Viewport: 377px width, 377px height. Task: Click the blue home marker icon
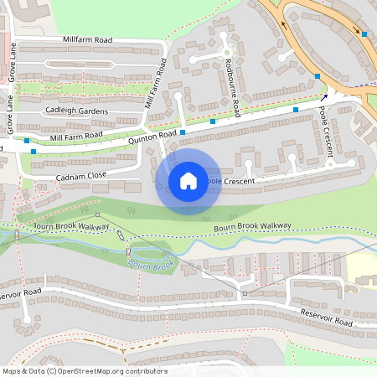pos(188,180)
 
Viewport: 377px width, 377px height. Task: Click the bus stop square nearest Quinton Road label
pos(182,132)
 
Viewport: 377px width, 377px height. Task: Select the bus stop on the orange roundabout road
pos(364,34)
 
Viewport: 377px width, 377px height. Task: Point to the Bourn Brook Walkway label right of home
pos(252,226)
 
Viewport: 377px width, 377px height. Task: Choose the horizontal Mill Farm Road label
pos(76,136)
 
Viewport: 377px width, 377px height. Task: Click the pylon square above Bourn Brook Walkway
pos(97,215)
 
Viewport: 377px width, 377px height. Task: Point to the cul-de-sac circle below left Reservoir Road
pos(28,319)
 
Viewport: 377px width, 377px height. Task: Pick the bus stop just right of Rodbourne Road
pos(296,109)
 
